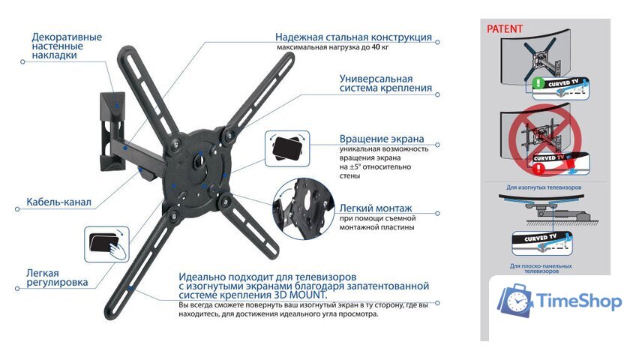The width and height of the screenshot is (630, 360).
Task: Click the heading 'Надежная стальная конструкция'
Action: pyautogui.click(x=352, y=37)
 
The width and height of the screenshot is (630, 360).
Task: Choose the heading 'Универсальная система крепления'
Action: pyautogui.click(x=385, y=82)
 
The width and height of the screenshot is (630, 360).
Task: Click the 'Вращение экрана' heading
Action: pyautogui.click(x=381, y=139)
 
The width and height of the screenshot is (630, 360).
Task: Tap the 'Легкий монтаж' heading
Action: pyautogui.click(x=376, y=208)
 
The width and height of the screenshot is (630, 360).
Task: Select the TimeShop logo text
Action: pyautogui.click(x=579, y=301)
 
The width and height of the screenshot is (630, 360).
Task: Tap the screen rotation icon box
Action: pyautogui.click(x=285, y=148)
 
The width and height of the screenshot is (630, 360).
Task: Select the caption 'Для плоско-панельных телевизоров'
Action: pyautogui.click(x=541, y=268)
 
